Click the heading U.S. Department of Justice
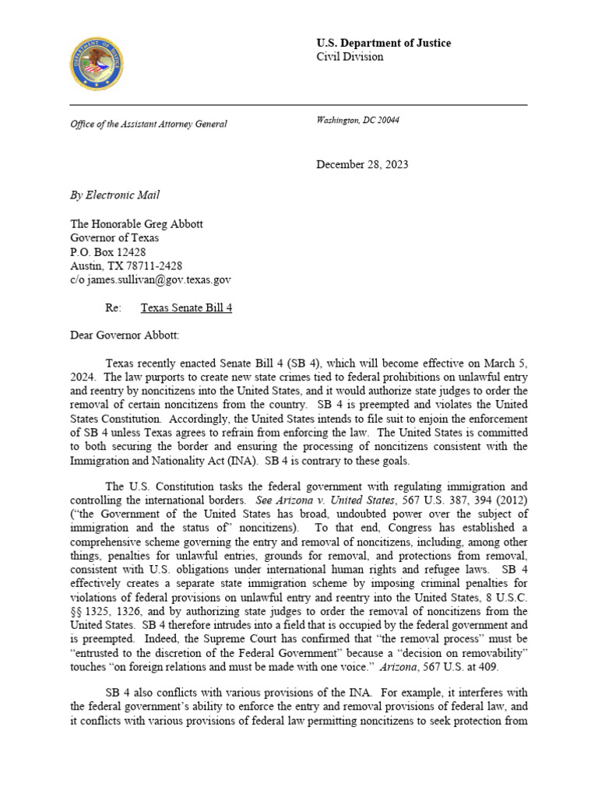point(383,43)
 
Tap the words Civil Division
point(350,57)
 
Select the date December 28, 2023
point(362,164)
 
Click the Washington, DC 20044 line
point(358,120)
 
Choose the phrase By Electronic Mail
point(115,195)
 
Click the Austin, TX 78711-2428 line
point(126,265)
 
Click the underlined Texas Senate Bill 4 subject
point(186,307)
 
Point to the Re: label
point(114,307)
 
